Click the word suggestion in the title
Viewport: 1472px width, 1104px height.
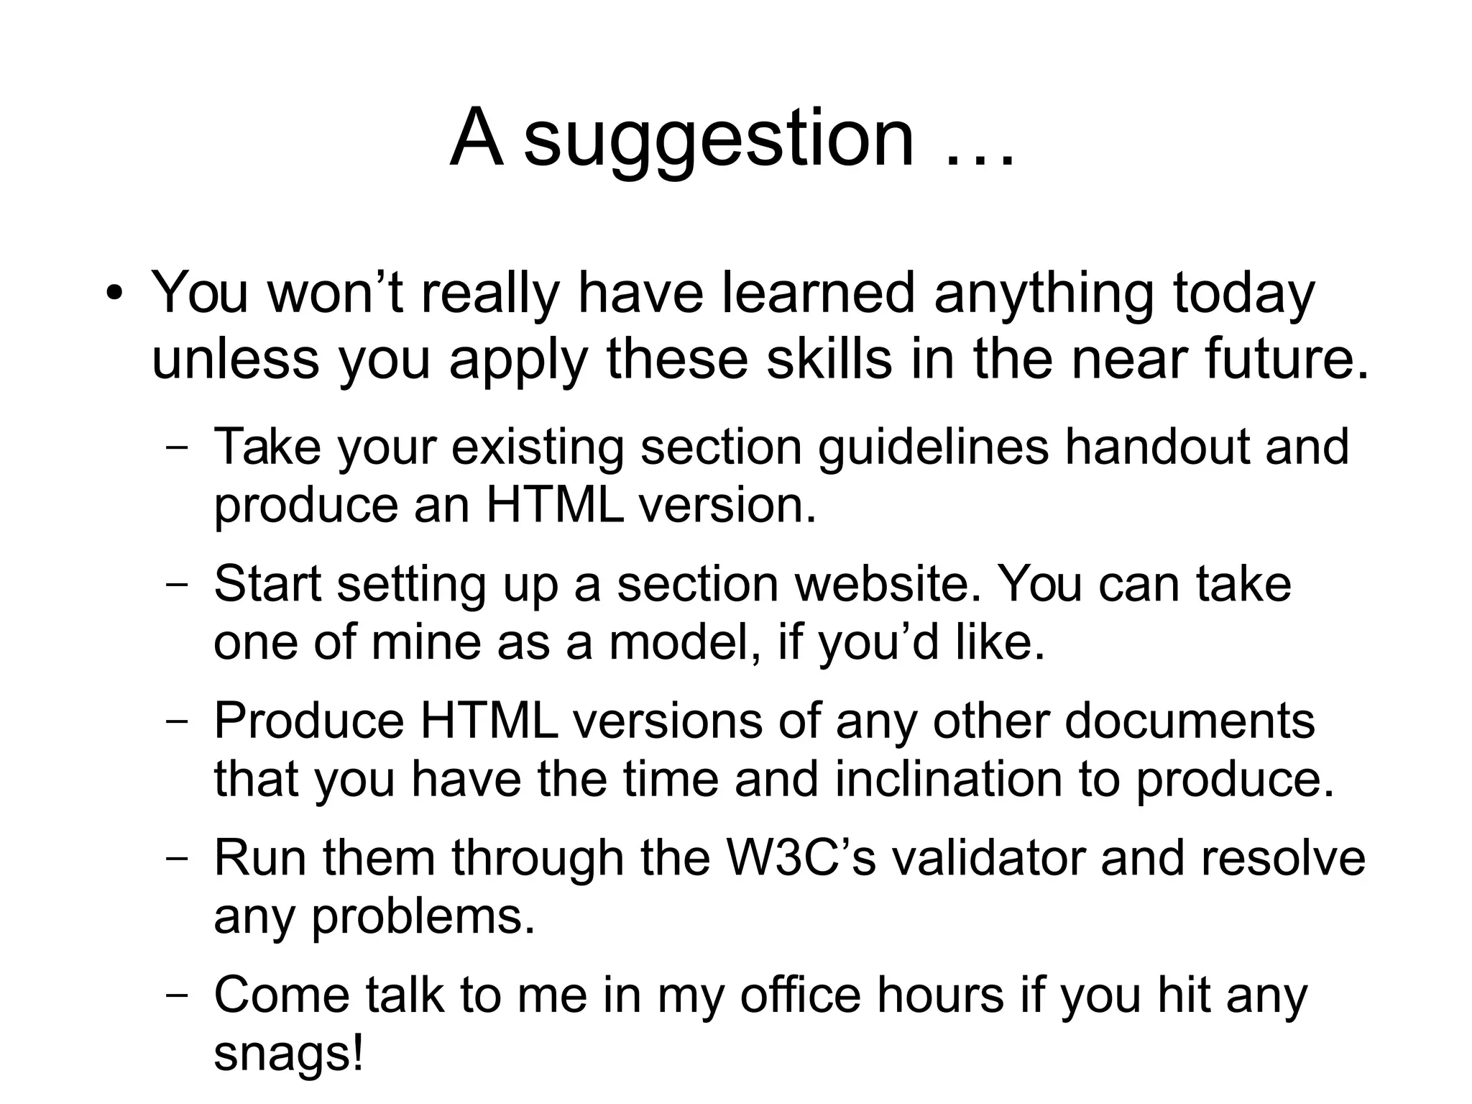click(x=719, y=139)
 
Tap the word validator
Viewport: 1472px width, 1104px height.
click(x=988, y=858)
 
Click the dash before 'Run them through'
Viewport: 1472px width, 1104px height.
click(x=176, y=858)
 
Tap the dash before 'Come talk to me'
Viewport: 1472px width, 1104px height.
click(x=176, y=996)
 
